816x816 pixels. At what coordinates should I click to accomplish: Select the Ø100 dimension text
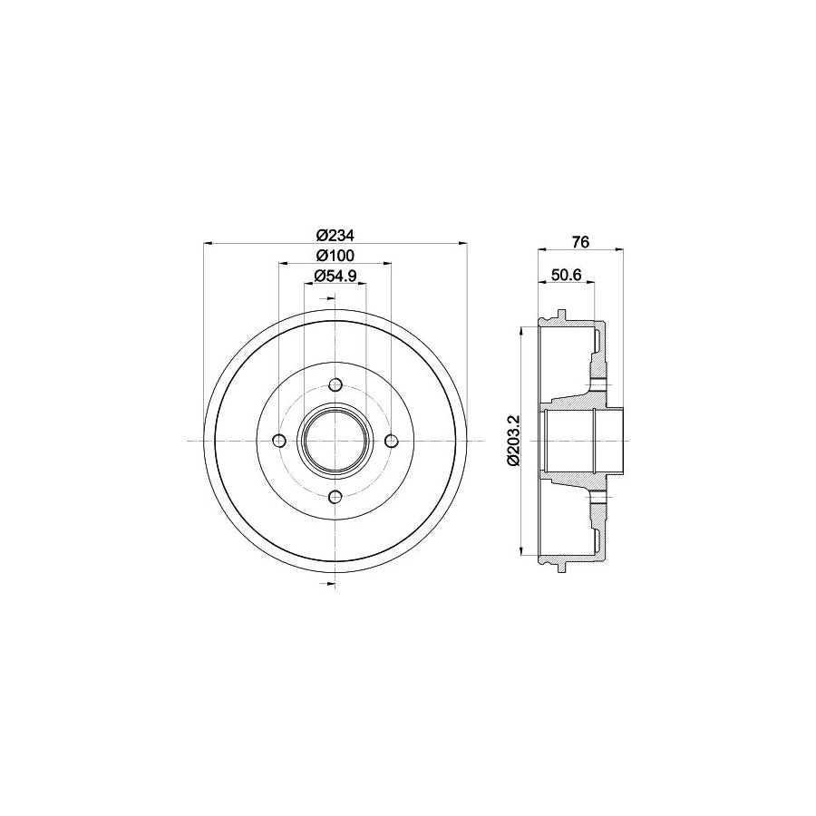[335, 255]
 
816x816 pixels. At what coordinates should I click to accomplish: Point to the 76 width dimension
[581, 241]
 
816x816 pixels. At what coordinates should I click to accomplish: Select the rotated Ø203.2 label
[512, 441]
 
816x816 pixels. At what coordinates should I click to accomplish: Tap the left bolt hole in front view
[279, 441]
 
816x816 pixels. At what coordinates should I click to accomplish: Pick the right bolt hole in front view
[392, 441]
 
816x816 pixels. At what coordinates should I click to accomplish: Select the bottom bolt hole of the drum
[335, 497]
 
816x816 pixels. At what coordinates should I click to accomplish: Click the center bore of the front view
[335, 441]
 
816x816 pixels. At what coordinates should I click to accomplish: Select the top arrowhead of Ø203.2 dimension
[521, 332]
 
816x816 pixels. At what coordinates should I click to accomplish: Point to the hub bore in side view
[580, 441]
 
